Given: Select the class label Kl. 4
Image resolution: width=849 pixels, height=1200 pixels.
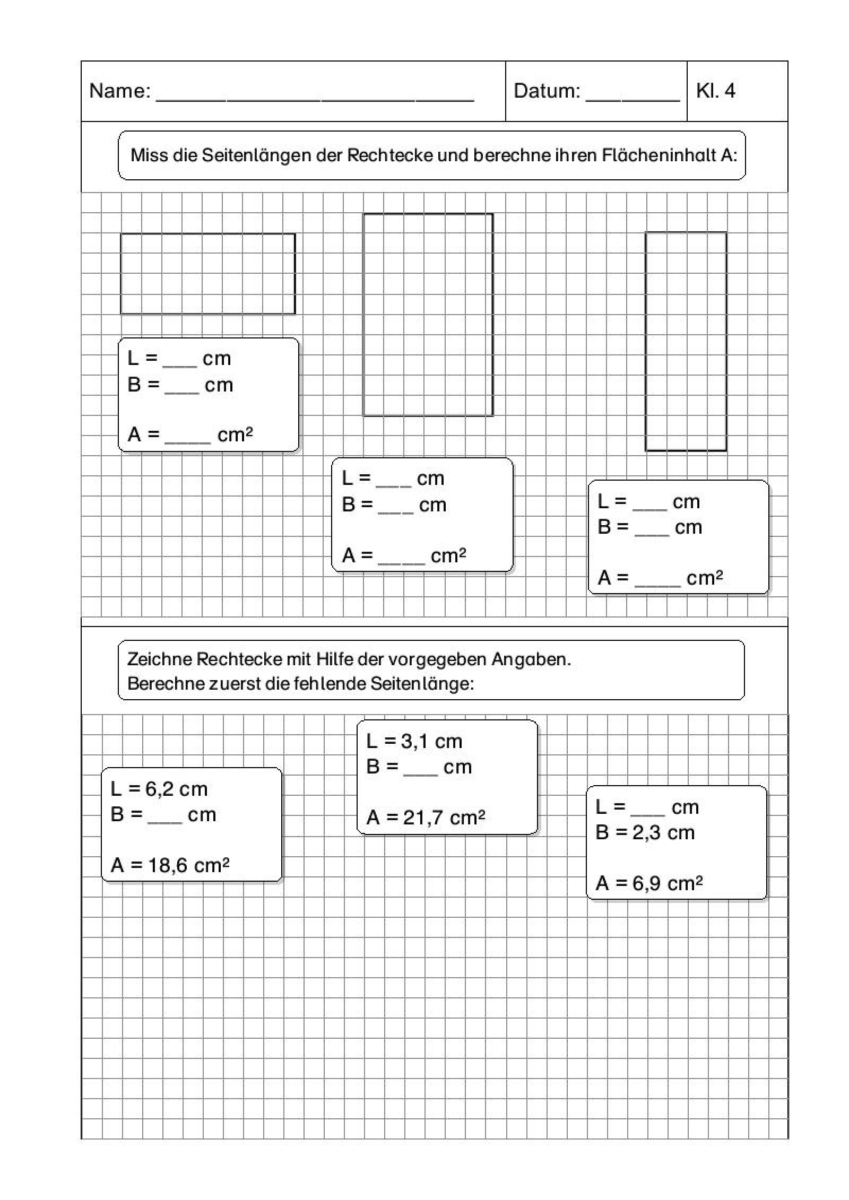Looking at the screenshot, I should [x=715, y=91].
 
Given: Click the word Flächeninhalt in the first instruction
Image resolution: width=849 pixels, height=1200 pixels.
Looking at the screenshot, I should [x=659, y=155].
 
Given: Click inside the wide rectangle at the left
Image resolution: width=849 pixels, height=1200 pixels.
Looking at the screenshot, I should [x=207, y=274].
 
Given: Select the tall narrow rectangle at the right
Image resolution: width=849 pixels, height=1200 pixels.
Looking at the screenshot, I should [x=686, y=341].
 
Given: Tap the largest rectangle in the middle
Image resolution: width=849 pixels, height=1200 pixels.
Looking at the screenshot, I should [x=428, y=315].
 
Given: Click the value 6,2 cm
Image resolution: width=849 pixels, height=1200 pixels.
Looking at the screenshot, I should [x=169, y=789].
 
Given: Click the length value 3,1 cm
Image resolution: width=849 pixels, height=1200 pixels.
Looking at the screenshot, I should [x=431, y=741].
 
